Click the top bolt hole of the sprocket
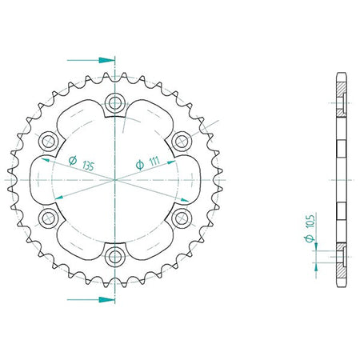coord(115,102)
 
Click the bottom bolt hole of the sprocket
coord(115,257)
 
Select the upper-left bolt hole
coord(48,141)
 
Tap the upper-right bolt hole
coord(182,141)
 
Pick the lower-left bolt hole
coord(48,218)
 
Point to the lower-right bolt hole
coord(182,218)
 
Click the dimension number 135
coord(88,166)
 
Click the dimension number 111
coord(154,161)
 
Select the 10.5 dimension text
coord(311,221)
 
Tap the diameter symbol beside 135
coord(73,160)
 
